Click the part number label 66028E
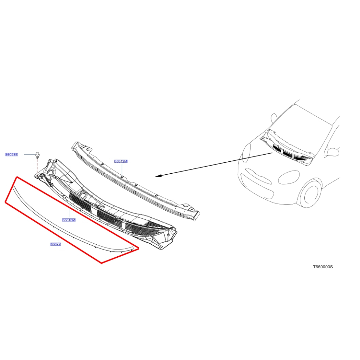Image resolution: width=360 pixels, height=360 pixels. (x=12, y=155)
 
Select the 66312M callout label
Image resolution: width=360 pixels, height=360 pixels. (x=121, y=161)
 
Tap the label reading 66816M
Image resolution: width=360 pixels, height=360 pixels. (x=69, y=220)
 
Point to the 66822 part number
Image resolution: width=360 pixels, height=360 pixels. (x=56, y=244)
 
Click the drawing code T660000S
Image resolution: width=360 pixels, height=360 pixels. (x=323, y=267)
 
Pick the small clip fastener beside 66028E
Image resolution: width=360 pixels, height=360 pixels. (x=37, y=155)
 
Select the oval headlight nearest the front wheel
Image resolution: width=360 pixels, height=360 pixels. (x=289, y=177)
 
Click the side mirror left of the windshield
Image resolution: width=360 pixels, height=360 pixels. (x=274, y=118)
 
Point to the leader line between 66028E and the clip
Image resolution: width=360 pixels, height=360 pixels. (x=29, y=155)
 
